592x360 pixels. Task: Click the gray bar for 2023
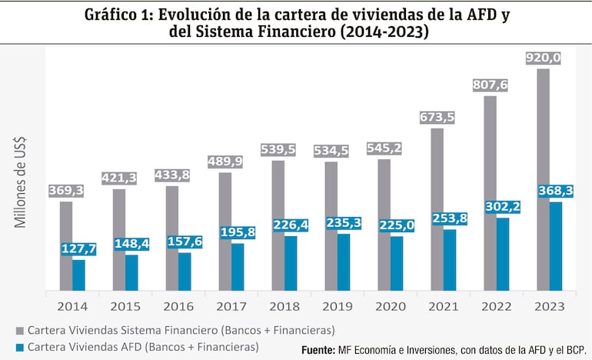point(543,180)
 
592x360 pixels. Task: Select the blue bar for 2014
point(79,275)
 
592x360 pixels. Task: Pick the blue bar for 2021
point(450,260)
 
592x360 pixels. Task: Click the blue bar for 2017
point(238,267)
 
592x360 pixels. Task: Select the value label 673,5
point(438,118)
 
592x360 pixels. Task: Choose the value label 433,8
point(174,175)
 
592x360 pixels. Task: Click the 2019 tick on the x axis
point(337,306)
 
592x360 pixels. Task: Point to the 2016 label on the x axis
point(178,306)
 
